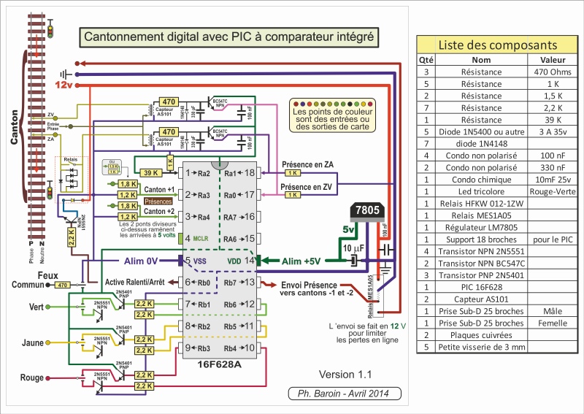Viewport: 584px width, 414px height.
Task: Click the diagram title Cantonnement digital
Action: tap(228, 36)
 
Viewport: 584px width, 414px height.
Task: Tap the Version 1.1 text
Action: tap(345, 375)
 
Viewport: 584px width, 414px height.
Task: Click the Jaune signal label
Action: tap(34, 342)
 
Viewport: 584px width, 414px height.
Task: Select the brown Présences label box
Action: tap(158, 200)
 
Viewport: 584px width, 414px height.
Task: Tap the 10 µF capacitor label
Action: tap(334, 250)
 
